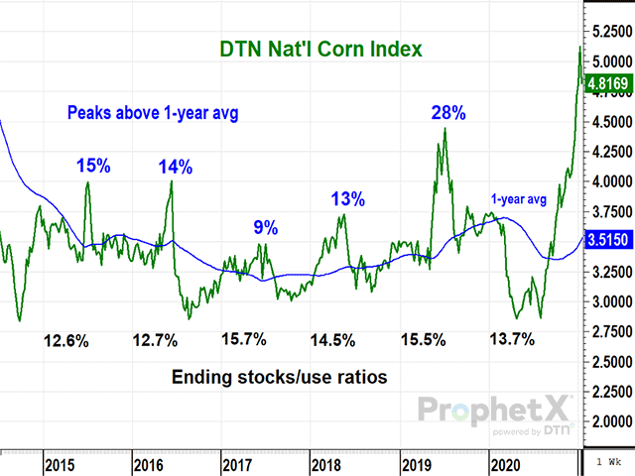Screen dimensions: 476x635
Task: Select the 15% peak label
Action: coord(93,165)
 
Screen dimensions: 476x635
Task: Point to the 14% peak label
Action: coord(177,165)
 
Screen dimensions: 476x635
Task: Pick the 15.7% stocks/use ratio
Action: coord(242,340)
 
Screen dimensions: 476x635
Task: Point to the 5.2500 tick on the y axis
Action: coord(609,32)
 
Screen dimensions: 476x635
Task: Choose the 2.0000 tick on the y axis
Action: coord(609,420)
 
